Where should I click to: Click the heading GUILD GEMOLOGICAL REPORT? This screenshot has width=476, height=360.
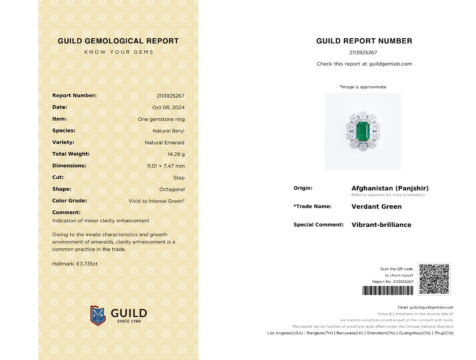pos(118,41)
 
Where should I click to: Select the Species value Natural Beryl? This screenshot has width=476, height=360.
pos(168,131)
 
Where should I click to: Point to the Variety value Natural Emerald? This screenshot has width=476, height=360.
pos(164,142)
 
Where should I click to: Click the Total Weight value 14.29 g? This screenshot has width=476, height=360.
pos(176,154)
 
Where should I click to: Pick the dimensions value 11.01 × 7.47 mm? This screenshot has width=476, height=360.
pos(166,166)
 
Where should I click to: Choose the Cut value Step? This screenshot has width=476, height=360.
pos(179,177)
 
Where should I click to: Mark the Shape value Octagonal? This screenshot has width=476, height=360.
pos(172,189)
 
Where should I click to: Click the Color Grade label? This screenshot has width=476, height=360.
pos(69,201)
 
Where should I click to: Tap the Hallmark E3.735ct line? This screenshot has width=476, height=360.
pos(75,264)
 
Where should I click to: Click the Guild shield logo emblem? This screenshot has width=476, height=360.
pos(98,315)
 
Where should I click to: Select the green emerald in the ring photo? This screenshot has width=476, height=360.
pos(363,131)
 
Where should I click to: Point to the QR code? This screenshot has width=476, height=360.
pos(434,279)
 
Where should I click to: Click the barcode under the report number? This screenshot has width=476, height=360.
pos(388,290)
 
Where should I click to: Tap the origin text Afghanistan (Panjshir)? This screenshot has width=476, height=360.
pos(390,188)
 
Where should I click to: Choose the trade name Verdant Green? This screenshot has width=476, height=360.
pos(376,206)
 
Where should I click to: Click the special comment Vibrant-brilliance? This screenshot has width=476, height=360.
pos(381,225)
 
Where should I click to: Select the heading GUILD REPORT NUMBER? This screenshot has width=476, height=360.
pos(364,41)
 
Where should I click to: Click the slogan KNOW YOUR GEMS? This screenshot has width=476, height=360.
pos(119,52)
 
